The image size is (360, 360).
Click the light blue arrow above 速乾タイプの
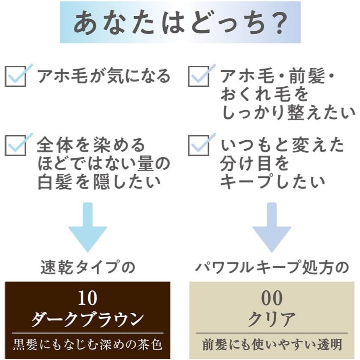pyautogui.click(x=88, y=227)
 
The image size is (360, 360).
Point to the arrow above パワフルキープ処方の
pyautogui.click(x=272, y=227)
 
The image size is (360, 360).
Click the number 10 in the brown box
pyautogui.click(x=87, y=298)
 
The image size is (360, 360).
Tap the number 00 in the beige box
pyautogui.click(x=272, y=298)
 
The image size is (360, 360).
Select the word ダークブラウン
pyautogui.click(x=87, y=319)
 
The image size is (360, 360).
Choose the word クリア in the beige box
pyautogui.click(x=272, y=319)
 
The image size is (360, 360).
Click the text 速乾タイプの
pyautogui.click(x=88, y=267)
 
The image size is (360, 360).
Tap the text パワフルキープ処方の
pyautogui.click(x=272, y=267)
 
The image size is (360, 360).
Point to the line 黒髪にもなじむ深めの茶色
pyautogui.click(x=87, y=345)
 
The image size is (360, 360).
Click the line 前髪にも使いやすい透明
pyautogui.click(x=272, y=345)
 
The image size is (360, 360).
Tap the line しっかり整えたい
pyautogui.click(x=289, y=113)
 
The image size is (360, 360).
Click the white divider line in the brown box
pyautogui.click(x=88, y=333)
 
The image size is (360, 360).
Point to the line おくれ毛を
pyautogui.click(x=264, y=95)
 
